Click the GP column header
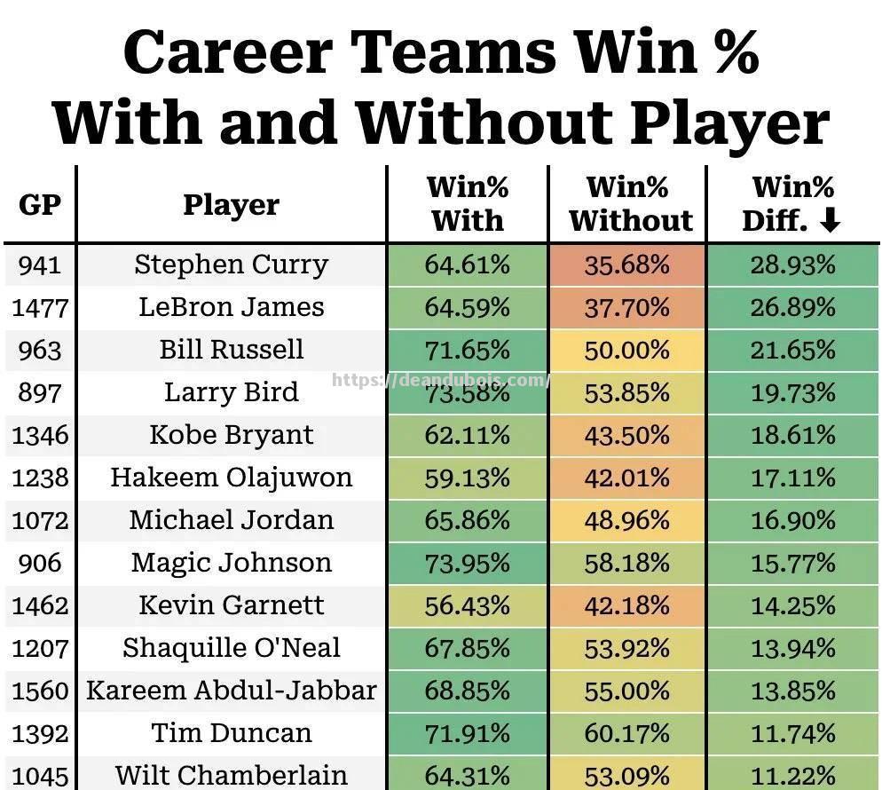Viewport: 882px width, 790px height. (x=40, y=204)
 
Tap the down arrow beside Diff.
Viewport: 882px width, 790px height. (x=830, y=220)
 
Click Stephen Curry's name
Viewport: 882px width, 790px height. (x=231, y=265)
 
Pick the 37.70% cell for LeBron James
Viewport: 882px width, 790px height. (x=627, y=307)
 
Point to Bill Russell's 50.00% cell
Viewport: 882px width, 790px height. (x=627, y=350)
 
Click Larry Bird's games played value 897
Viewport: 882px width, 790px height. (x=40, y=392)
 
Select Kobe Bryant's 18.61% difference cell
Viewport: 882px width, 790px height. (x=792, y=435)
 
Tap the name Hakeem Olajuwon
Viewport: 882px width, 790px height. (x=231, y=478)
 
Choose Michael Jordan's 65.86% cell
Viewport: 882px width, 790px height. (x=467, y=520)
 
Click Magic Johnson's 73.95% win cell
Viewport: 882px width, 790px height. (x=467, y=563)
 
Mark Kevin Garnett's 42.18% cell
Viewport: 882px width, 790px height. (x=627, y=605)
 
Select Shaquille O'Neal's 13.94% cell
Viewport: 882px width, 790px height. (x=792, y=648)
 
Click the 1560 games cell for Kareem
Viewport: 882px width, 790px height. (x=40, y=691)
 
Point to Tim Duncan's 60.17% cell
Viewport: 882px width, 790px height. (x=627, y=733)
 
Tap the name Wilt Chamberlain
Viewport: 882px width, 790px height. (x=231, y=775)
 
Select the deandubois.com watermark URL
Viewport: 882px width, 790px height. (x=441, y=380)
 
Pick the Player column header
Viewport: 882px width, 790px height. (x=231, y=204)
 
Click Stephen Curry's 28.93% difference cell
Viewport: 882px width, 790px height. (x=792, y=265)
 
